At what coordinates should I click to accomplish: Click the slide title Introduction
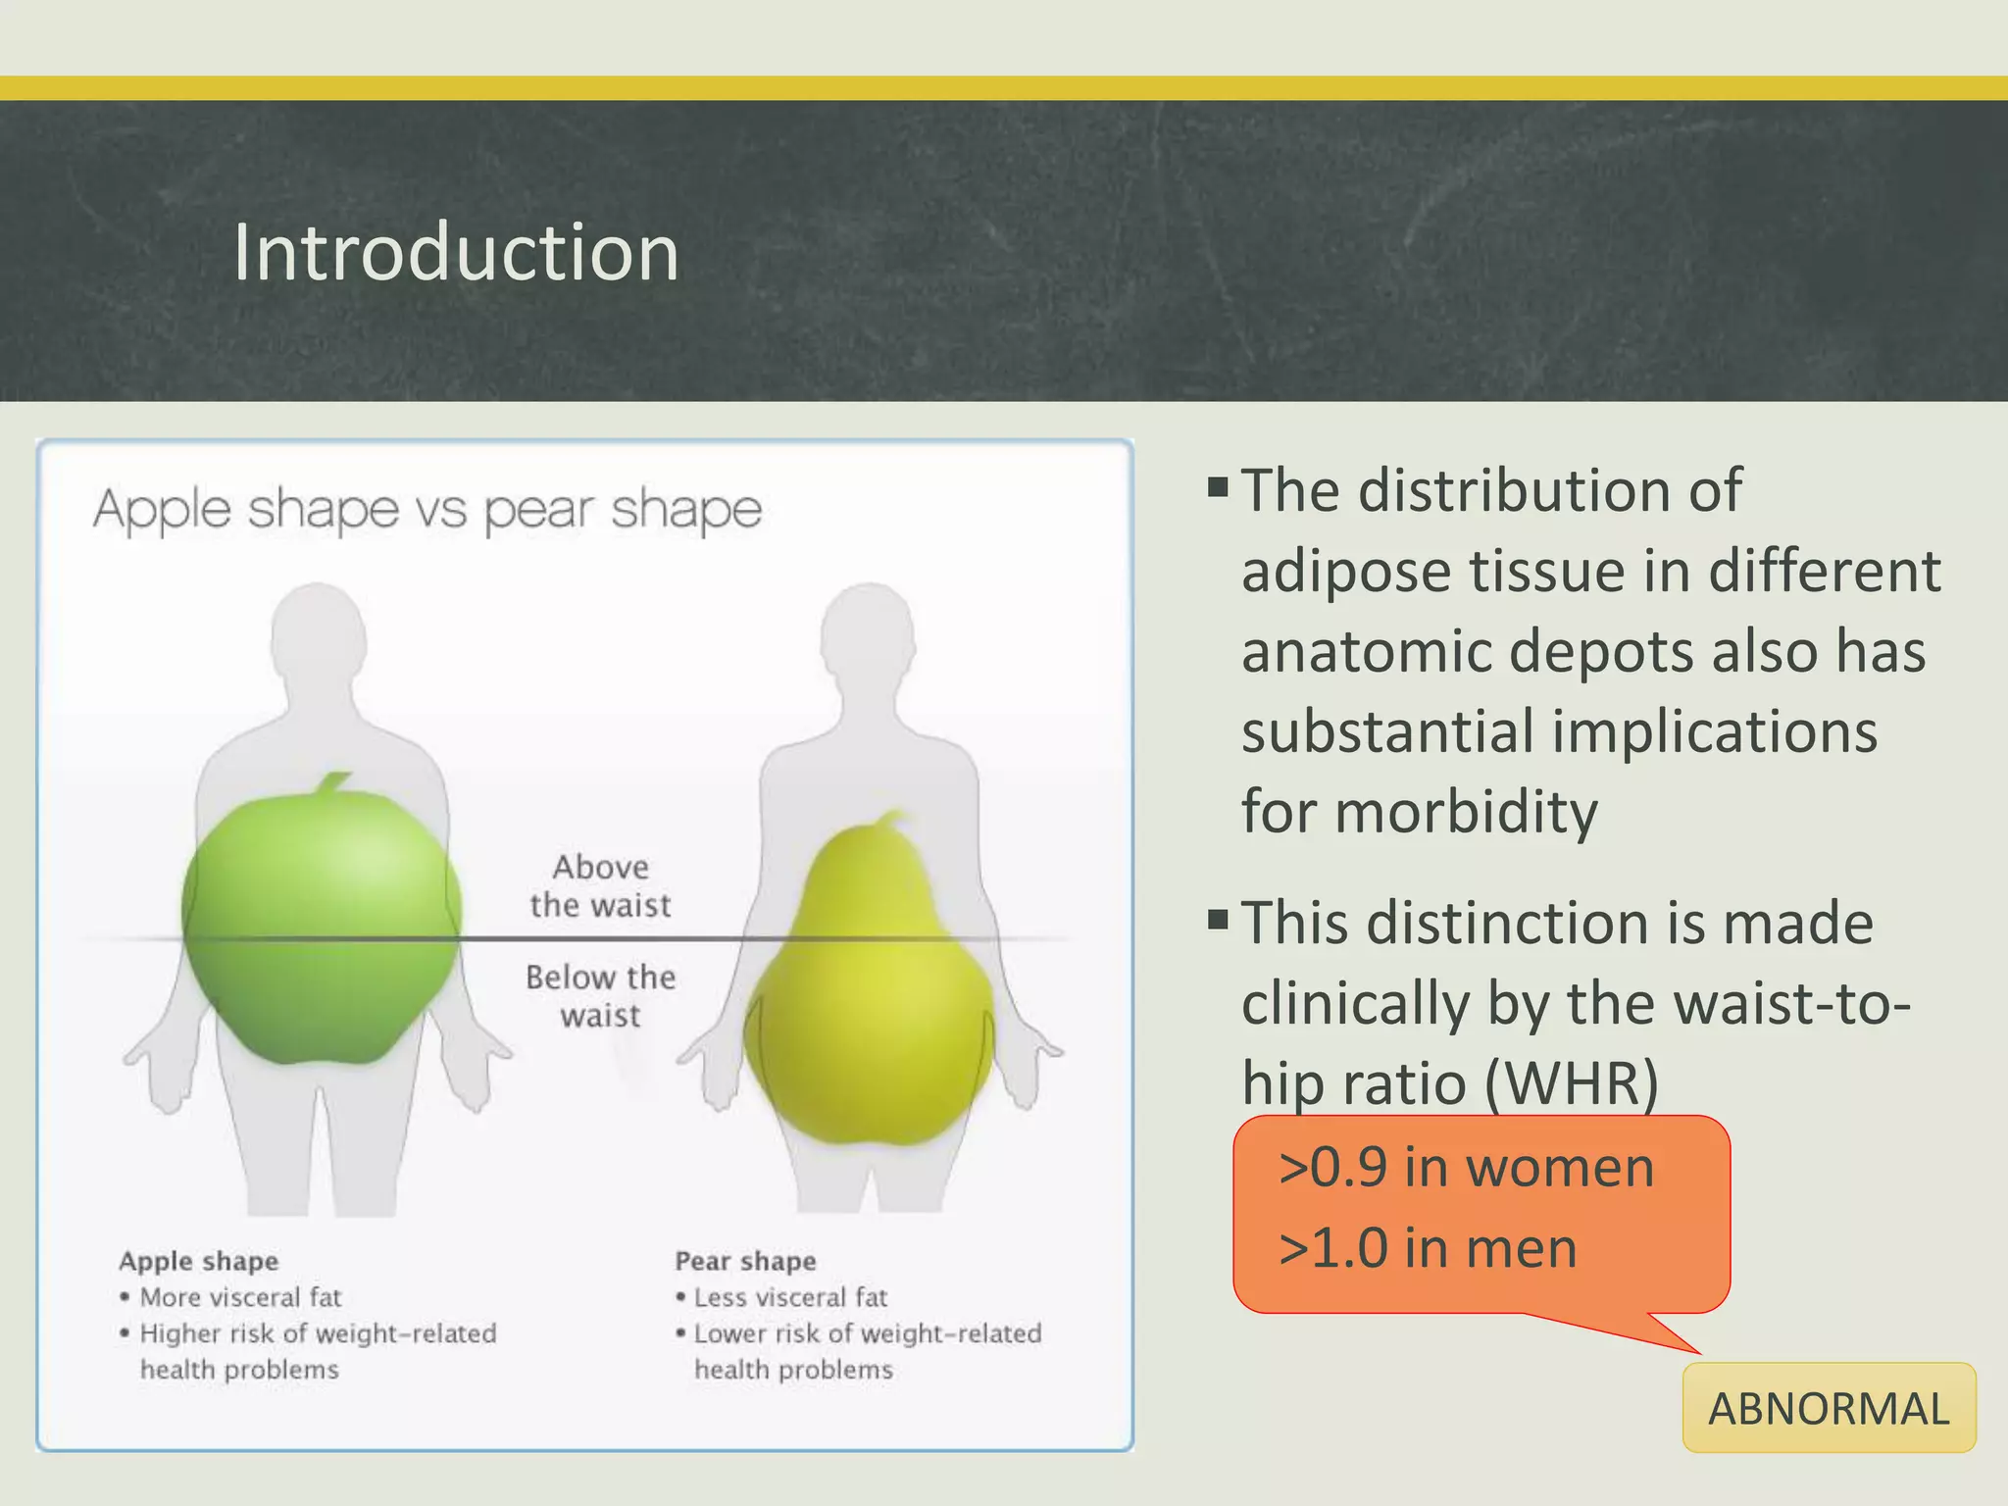[x=456, y=253]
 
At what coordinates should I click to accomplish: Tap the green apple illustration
[x=321, y=931]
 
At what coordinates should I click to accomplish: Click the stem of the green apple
[x=334, y=783]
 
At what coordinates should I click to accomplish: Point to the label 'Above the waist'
[x=600, y=885]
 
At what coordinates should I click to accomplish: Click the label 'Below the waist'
[x=600, y=996]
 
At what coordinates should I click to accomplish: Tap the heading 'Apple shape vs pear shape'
[x=427, y=510]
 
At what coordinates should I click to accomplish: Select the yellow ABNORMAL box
[x=1829, y=1408]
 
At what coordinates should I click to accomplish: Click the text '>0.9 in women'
[x=1466, y=1169]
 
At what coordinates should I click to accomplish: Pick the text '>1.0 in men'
[x=1428, y=1249]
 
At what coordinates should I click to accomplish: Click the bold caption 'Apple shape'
[x=199, y=1261]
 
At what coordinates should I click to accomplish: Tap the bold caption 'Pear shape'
[x=745, y=1261]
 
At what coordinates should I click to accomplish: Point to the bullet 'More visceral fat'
[x=240, y=1297]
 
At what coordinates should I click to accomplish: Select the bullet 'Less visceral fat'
[x=790, y=1297]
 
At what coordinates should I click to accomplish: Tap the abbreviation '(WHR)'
[x=1571, y=1084]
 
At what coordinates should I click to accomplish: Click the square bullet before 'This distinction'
[x=1218, y=920]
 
